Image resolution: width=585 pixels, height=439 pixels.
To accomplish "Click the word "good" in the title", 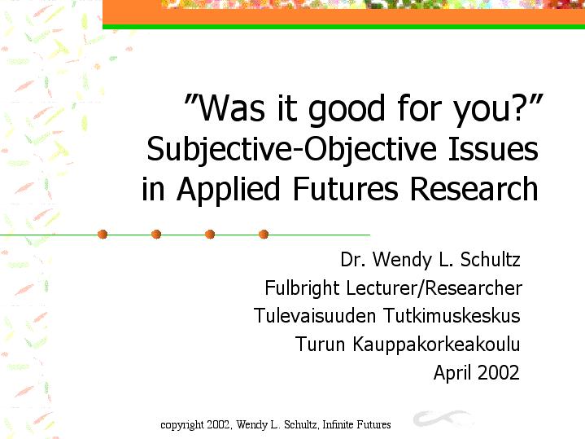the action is click(x=346, y=109).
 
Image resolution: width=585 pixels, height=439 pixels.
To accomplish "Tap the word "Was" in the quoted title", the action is click(x=231, y=108).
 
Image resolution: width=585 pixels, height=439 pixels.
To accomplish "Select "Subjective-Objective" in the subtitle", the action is click(x=291, y=149).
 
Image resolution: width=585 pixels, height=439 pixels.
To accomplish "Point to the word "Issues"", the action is click(x=492, y=148).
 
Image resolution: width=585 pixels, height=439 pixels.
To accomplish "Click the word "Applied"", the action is click(x=228, y=190).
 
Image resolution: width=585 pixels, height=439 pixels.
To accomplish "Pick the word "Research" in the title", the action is click(x=474, y=188).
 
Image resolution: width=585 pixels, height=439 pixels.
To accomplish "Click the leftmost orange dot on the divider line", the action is click(x=103, y=235).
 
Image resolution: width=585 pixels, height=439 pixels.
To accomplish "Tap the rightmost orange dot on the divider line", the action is click(x=264, y=235).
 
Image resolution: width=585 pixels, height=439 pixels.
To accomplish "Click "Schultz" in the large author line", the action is click(x=490, y=259).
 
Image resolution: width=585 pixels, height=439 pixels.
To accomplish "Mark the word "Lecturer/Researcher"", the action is click(x=434, y=288).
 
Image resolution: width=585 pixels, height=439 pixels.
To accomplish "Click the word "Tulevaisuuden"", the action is click(x=315, y=315).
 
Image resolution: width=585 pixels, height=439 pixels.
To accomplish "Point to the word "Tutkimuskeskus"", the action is click(x=452, y=315).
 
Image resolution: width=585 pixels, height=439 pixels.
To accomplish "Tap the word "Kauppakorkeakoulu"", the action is click(x=436, y=345).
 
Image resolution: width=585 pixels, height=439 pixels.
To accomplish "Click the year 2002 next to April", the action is click(x=498, y=372).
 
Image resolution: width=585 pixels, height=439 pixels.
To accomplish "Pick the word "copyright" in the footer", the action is click(x=182, y=425).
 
